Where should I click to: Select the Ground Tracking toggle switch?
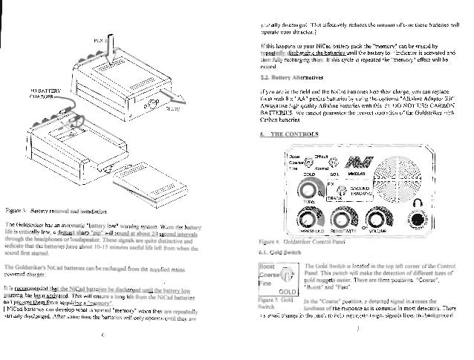click(332, 194)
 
